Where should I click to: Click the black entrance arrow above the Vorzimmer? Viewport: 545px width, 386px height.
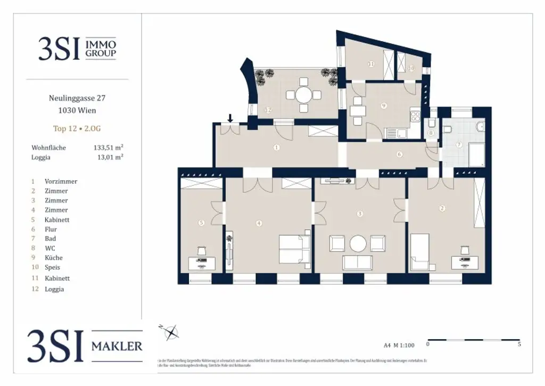[x=229, y=118]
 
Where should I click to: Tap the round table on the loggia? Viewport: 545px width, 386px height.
[x=303, y=95]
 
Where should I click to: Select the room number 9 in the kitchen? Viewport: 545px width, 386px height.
[x=384, y=106]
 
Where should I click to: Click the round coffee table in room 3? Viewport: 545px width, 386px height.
[x=359, y=244]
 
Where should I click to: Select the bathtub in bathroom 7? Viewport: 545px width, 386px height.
[x=476, y=154]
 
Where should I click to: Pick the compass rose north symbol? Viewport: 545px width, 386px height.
[x=171, y=332]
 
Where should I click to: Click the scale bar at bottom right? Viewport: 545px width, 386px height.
[x=474, y=340]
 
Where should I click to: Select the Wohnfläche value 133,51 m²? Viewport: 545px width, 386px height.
[x=109, y=148]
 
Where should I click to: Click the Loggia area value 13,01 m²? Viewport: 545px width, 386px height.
[x=109, y=157]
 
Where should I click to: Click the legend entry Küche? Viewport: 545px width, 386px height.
[x=53, y=258]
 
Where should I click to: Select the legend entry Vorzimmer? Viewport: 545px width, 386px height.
[x=61, y=181]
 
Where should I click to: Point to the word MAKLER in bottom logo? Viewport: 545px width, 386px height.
[x=117, y=347]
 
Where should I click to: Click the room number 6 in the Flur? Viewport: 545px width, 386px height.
[x=399, y=155]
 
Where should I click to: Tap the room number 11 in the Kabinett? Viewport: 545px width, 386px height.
[x=371, y=64]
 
